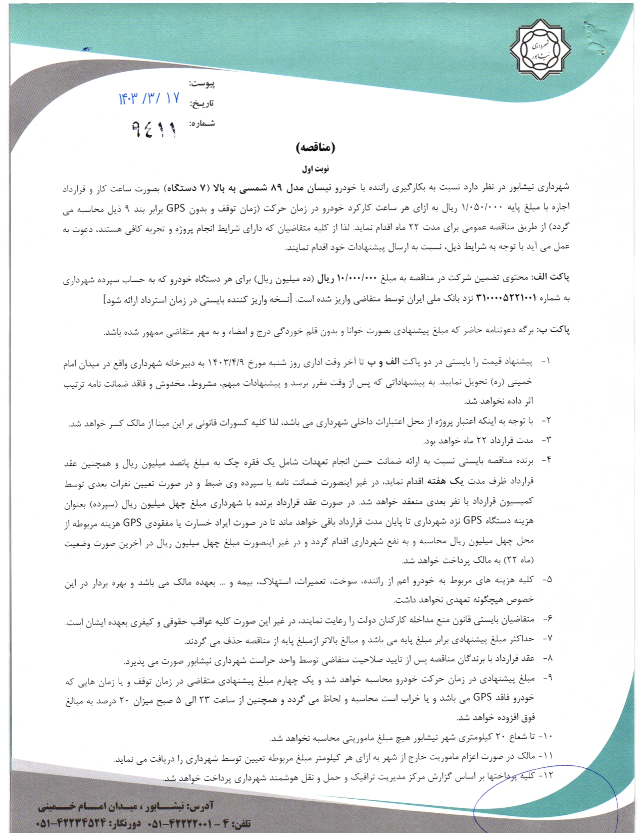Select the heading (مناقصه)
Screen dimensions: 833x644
pos(315,147)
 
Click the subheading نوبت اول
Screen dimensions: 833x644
pos(316,169)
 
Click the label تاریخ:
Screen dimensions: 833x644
pos(202,103)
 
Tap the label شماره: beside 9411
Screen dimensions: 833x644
pos(202,123)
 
